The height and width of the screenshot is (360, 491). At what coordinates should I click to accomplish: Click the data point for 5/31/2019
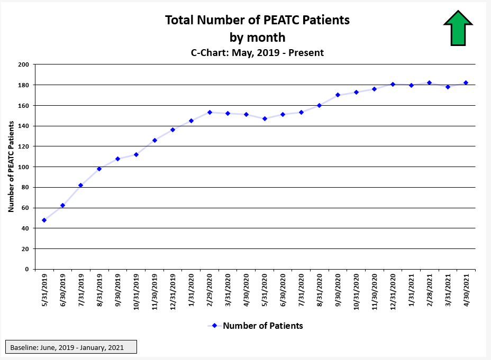(x=44, y=220)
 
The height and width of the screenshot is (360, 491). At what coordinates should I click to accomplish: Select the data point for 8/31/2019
(x=99, y=169)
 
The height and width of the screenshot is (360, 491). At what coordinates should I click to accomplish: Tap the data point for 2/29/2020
(x=210, y=112)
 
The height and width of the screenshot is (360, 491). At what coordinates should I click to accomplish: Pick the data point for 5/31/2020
(x=265, y=118)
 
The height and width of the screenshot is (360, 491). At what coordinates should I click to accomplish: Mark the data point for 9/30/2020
(x=338, y=95)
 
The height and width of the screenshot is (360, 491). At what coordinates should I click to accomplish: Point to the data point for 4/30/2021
(x=466, y=82)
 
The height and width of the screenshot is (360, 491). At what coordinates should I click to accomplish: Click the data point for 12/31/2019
(x=172, y=130)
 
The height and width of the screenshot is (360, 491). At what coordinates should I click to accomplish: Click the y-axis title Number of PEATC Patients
(x=11, y=167)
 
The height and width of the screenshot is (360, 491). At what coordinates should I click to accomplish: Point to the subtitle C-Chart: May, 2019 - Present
(x=257, y=52)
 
